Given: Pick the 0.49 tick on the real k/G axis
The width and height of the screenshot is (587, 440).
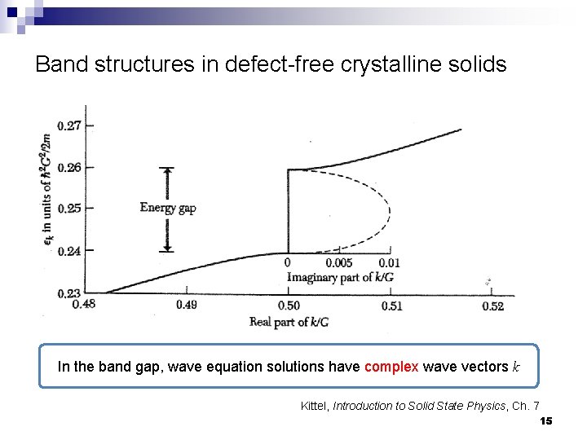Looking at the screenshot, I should (187, 306).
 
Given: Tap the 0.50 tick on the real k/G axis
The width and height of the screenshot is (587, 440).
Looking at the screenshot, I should (289, 306).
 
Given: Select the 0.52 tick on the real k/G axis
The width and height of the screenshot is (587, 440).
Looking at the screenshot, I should (492, 306).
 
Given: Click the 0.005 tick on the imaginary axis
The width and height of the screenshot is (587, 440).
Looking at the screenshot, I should (339, 263).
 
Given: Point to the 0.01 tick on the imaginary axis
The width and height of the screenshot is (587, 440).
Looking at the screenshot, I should (390, 263).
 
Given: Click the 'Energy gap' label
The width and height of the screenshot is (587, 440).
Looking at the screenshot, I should (168, 208).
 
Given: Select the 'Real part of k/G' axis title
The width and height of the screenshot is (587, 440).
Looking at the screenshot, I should (289, 322).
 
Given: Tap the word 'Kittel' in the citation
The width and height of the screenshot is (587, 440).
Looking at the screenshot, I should (315, 406).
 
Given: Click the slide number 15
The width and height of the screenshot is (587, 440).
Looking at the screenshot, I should (546, 420).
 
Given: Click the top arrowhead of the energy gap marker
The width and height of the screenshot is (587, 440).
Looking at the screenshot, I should (168, 171).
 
